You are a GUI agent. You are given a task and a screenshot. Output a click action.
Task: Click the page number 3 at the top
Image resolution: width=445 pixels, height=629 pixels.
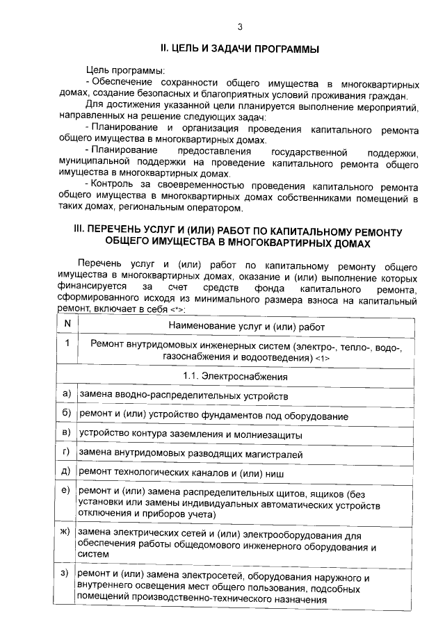[240, 27]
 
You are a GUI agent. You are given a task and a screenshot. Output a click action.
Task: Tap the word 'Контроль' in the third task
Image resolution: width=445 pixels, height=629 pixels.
[113, 187]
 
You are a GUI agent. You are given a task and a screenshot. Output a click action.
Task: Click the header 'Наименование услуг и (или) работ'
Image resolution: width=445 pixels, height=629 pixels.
[246, 325]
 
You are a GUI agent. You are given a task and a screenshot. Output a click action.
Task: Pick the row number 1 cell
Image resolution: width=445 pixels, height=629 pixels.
[67, 343]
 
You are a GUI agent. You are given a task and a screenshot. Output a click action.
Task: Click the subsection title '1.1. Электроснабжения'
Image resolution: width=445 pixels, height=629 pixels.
[246, 376]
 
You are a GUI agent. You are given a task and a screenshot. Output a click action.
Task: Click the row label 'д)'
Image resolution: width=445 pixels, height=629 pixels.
[67, 471]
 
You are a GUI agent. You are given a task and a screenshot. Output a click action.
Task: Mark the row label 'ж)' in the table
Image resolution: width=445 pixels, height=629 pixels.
[67, 532]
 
